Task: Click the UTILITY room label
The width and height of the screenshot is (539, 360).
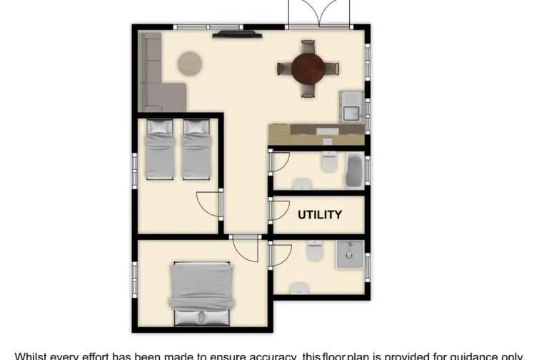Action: click(319, 214)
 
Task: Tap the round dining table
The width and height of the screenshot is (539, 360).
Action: click(308, 69)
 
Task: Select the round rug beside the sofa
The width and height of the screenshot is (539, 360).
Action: click(190, 63)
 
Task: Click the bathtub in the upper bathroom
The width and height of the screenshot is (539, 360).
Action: click(355, 171)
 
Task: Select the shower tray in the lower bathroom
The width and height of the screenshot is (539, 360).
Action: click(350, 254)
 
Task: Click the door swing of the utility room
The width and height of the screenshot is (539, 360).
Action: click(278, 211)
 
